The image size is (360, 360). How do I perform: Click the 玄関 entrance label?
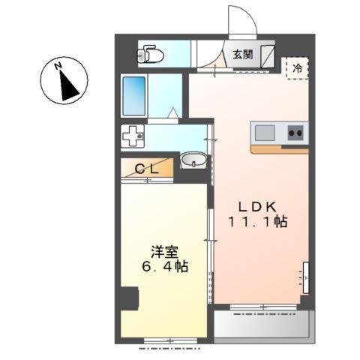click(241, 54)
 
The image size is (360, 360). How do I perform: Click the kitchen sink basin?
click(266, 133)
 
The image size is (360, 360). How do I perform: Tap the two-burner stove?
click(295, 133)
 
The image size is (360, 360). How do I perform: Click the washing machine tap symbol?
click(134, 137)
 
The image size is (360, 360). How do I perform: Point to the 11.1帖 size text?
click(259, 223)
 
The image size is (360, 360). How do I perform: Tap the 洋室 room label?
click(164, 250)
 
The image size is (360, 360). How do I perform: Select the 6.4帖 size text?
click(163, 266)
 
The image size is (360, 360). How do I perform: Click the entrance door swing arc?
click(241, 21)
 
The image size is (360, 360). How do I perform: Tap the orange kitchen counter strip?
click(279, 149)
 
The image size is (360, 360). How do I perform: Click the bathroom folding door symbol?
click(173, 113)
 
